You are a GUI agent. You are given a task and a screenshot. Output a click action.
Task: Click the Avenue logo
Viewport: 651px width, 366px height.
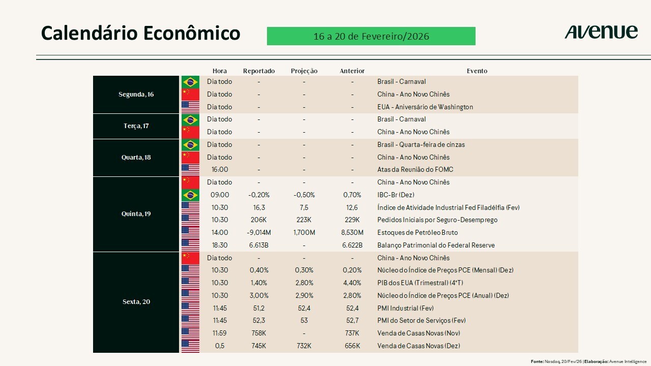[x=601, y=32]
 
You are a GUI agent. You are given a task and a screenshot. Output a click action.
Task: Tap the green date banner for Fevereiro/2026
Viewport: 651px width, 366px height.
[x=371, y=36]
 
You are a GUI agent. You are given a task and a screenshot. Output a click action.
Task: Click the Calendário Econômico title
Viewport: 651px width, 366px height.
[x=140, y=33]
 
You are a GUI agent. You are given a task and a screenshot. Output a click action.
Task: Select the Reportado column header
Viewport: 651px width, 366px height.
[x=259, y=71]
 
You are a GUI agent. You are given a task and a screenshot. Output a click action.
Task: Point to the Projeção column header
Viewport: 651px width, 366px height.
[x=304, y=71]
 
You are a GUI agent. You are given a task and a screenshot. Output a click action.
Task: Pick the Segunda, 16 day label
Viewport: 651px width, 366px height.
[x=136, y=95]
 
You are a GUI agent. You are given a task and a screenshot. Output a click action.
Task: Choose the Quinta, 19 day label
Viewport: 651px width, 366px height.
[x=136, y=214]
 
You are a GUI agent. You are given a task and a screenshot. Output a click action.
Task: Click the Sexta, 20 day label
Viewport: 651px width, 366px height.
[x=136, y=302]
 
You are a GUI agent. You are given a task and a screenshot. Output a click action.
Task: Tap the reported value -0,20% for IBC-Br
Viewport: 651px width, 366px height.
[x=259, y=195]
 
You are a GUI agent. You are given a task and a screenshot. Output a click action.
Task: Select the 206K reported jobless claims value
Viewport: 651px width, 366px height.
[x=259, y=220]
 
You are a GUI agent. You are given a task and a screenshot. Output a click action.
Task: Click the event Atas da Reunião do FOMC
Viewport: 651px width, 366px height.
[x=415, y=170]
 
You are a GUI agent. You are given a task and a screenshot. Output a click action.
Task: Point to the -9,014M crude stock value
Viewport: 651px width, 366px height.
[x=259, y=233]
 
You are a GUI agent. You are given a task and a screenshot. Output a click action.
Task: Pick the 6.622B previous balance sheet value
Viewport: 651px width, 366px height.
[x=352, y=246]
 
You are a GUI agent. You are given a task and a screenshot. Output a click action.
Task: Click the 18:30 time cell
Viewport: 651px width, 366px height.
[x=220, y=246]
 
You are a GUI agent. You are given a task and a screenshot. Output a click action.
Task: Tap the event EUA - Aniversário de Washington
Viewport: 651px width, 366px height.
[x=425, y=107]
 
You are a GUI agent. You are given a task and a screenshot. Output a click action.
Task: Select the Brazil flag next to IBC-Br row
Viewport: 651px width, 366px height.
[x=190, y=195]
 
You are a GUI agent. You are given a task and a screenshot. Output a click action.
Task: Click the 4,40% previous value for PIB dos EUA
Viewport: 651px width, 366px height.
[x=352, y=283]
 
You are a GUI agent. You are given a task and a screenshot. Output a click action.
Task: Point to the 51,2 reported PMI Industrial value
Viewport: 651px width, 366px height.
[x=259, y=309]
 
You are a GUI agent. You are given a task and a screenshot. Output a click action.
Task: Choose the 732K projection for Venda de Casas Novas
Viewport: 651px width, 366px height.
[x=304, y=346]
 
